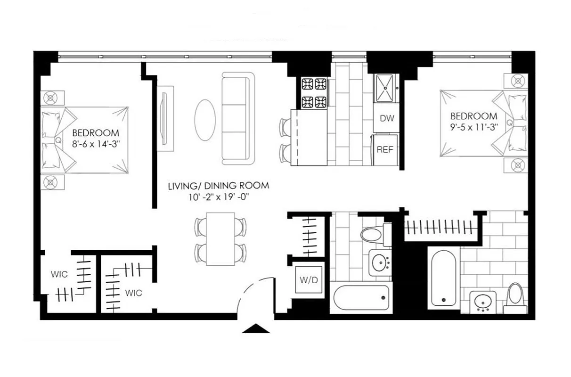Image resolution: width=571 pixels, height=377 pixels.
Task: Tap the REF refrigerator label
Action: point(384,150)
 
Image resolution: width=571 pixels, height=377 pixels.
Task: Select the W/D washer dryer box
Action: point(309,279)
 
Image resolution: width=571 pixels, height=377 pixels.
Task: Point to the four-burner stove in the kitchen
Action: point(314,93)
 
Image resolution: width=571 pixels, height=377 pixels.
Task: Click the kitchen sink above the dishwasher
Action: point(386,88)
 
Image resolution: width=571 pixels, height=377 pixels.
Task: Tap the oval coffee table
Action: point(205,119)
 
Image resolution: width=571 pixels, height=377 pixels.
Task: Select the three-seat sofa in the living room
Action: point(238,118)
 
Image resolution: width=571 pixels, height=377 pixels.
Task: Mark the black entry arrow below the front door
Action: point(255,328)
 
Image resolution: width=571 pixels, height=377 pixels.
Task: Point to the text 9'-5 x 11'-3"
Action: point(473,127)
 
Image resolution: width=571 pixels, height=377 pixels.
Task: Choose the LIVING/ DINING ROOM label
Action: point(219,186)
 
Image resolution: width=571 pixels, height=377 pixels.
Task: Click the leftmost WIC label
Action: point(60,274)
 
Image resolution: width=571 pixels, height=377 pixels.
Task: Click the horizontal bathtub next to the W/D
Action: point(361,297)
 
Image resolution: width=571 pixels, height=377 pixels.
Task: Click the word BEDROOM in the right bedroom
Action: point(473,116)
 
